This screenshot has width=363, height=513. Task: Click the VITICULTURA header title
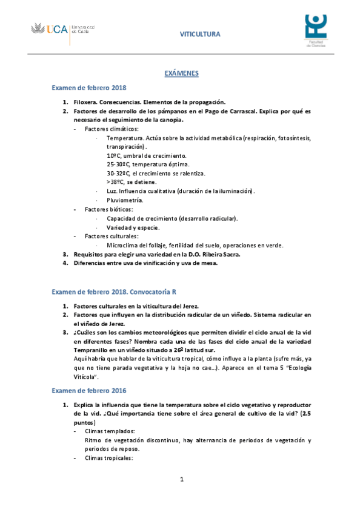tap(200, 34)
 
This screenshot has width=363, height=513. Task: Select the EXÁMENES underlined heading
tap(182, 73)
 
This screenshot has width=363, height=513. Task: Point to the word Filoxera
tap(85, 102)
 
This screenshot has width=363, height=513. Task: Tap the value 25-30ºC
tap(118, 165)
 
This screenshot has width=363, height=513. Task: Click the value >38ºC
tap(115, 182)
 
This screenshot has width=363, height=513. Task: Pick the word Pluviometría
tap(125, 200)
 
